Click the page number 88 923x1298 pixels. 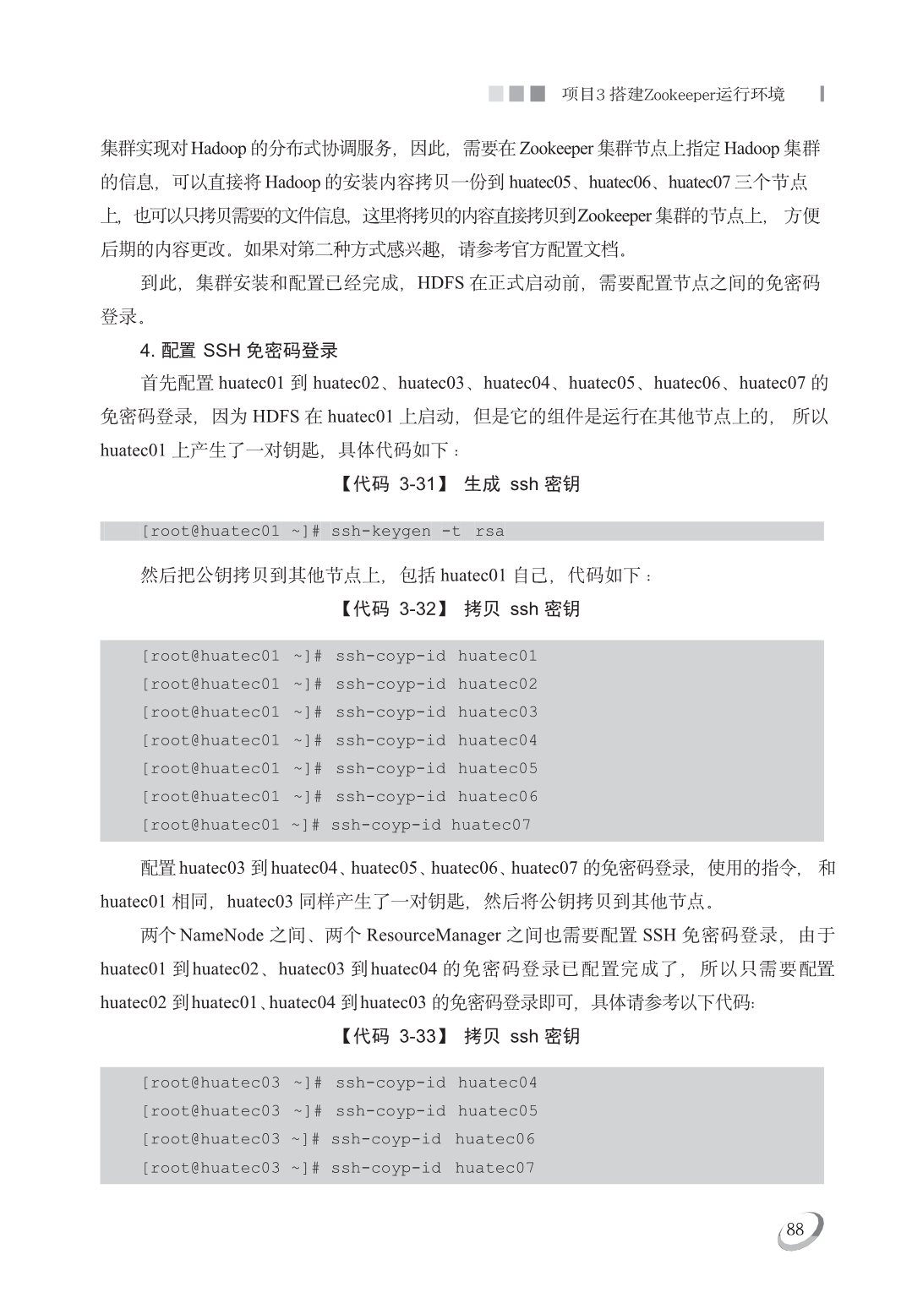coord(795,1230)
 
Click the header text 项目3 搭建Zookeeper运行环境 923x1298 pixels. coord(673,95)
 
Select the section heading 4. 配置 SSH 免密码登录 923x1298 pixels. coord(239,351)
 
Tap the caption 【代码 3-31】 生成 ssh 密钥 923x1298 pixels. coord(460,484)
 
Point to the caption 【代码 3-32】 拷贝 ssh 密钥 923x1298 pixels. coord(460,609)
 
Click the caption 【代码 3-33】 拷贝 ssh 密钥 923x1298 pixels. coord(460,1037)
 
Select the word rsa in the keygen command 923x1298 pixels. coord(489,532)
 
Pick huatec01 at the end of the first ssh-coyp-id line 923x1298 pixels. coord(497,657)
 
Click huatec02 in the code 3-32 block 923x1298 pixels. coord(497,684)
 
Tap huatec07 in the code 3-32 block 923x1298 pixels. coord(490,825)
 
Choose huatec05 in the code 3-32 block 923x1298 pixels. coord(497,769)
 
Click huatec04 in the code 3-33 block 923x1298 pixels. coord(497,1083)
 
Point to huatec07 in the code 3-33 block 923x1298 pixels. coord(494,1168)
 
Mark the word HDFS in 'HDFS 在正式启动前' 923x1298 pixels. coord(440,283)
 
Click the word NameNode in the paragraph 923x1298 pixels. coord(221,935)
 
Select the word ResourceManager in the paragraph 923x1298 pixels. coord(434,935)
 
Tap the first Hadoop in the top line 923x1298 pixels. coord(218,149)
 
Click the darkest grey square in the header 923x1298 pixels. coord(538,94)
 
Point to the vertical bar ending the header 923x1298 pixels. coord(822,94)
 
